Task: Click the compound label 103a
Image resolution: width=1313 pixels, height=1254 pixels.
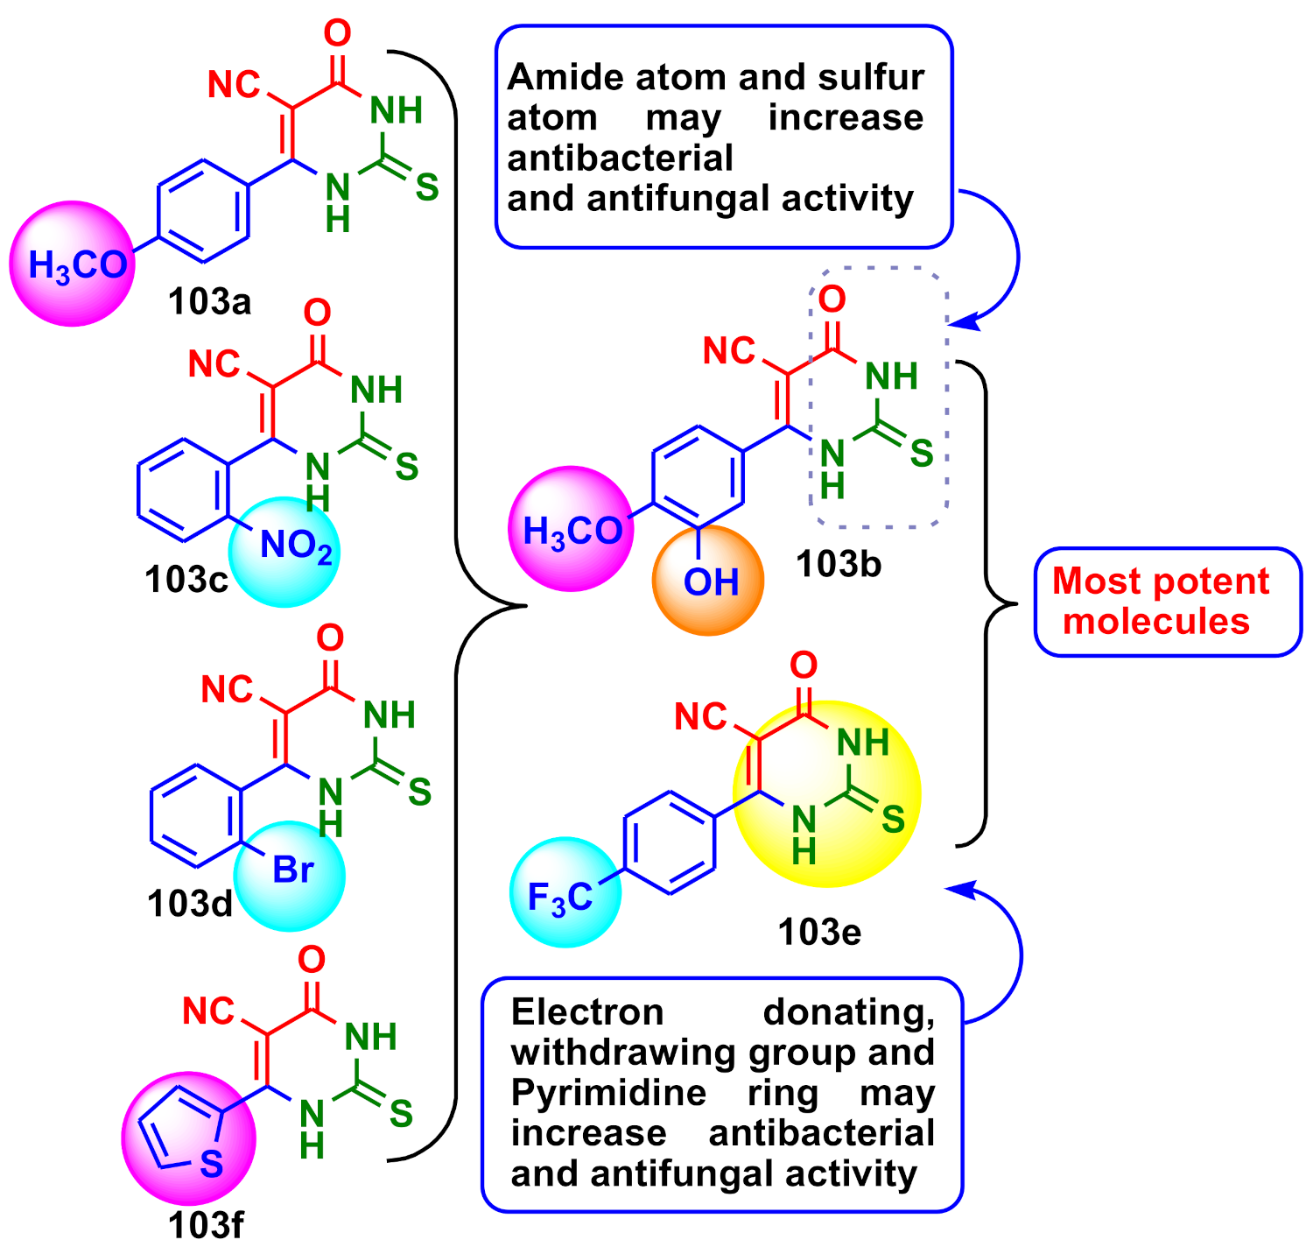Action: tap(209, 302)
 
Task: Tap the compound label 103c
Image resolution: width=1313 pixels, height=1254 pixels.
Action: tap(186, 579)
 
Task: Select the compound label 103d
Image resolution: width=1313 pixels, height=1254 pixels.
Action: tap(190, 904)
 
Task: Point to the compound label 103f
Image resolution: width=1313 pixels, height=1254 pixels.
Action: tap(205, 1225)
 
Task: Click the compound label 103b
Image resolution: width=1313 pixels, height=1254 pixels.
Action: tap(838, 565)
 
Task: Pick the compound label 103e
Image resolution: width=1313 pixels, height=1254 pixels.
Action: tap(819, 933)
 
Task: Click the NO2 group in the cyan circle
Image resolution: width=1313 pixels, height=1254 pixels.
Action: tap(296, 546)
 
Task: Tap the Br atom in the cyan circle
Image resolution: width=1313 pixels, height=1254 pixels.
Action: tap(293, 870)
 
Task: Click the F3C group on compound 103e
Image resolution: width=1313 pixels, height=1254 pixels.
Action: tap(561, 898)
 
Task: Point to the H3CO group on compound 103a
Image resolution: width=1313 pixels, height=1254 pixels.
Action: tap(77, 265)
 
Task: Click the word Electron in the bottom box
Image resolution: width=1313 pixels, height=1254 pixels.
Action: tap(587, 1012)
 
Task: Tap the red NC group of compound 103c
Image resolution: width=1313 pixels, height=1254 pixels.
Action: tap(214, 363)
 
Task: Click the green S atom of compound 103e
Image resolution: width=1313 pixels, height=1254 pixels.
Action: tap(892, 820)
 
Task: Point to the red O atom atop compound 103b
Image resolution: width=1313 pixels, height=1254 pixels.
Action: tap(832, 299)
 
